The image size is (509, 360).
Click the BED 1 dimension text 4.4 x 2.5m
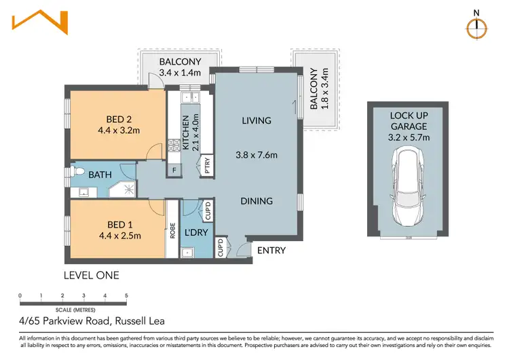click(x=119, y=236)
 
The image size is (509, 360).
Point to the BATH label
click(x=101, y=175)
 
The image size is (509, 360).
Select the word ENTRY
click(x=270, y=251)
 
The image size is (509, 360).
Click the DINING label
click(x=256, y=201)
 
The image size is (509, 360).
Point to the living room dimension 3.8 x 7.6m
click(x=256, y=155)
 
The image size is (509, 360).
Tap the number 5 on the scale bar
click(x=126, y=295)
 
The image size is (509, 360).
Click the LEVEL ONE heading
click(x=91, y=275)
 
